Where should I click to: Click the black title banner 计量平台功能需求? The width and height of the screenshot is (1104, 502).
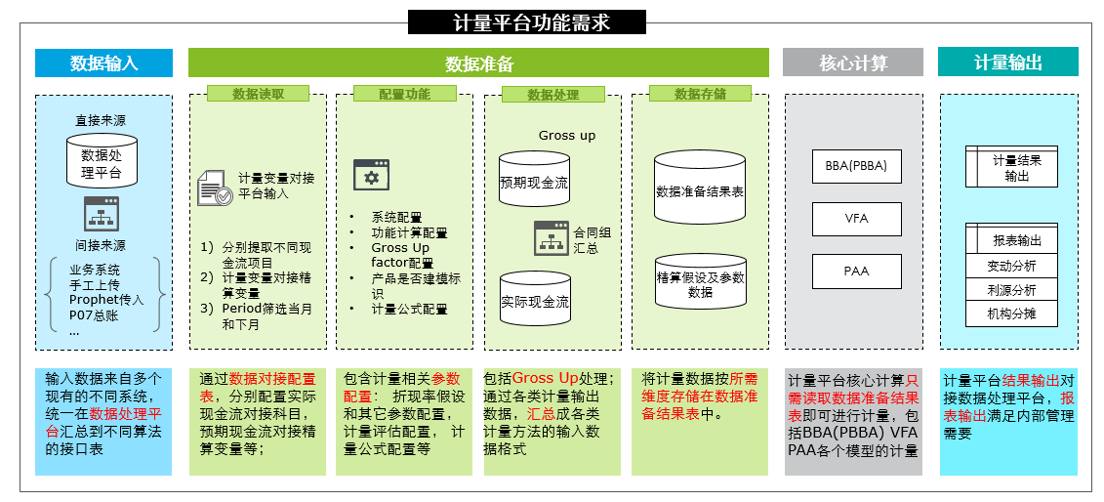[x=527, y=22]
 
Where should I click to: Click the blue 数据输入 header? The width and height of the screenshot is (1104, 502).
[x=104, y=63]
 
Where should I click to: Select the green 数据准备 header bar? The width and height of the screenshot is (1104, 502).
[x=478, y=63]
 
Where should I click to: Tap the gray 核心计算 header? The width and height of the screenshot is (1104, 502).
[x=852, y=63]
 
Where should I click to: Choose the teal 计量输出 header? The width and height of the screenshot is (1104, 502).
[x=1008, y=62]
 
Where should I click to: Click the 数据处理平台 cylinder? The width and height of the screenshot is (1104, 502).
[x=102, y=160]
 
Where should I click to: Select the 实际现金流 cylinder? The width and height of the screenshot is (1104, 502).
[x=534, y=299]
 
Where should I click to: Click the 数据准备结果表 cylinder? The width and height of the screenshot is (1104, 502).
[x=700, y=188]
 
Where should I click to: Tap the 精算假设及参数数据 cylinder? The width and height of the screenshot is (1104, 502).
[x=700, y=281]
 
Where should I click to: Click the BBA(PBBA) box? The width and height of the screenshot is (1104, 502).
[x=857, y=167]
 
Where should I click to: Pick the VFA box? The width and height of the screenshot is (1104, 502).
[x=857, y=219]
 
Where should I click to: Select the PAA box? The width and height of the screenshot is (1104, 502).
[x=857, y=272]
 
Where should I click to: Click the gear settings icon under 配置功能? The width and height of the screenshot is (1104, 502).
[x=371, y=176]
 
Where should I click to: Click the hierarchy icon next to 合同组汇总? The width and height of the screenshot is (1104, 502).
[x=551, y=237]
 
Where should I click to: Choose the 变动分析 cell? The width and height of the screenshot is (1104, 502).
[x=1011, y=266]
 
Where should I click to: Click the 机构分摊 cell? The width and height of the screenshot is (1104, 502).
[x=1011, y=314]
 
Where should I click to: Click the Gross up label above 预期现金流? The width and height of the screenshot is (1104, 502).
[x=567, y=135]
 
